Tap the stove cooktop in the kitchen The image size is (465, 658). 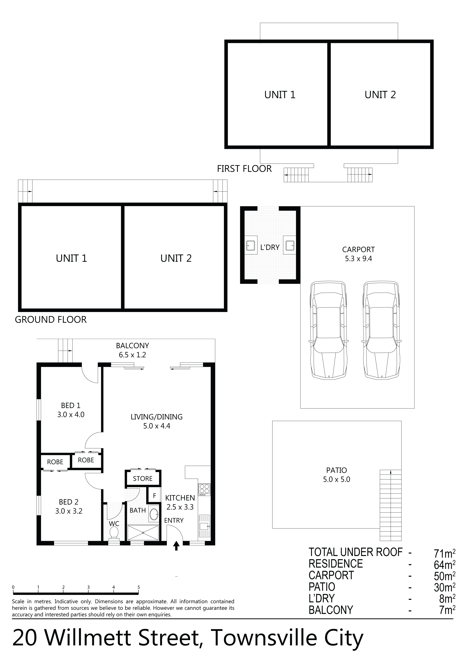(x=204, y=490)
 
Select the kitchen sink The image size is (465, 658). (x=204, y=526)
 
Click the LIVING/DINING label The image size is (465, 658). (x=156, y=417)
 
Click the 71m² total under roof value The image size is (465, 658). (x=445, y=553)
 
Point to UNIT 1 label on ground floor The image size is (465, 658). (x=71, y=258)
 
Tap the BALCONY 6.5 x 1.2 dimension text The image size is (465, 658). (x=132, y=355)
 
